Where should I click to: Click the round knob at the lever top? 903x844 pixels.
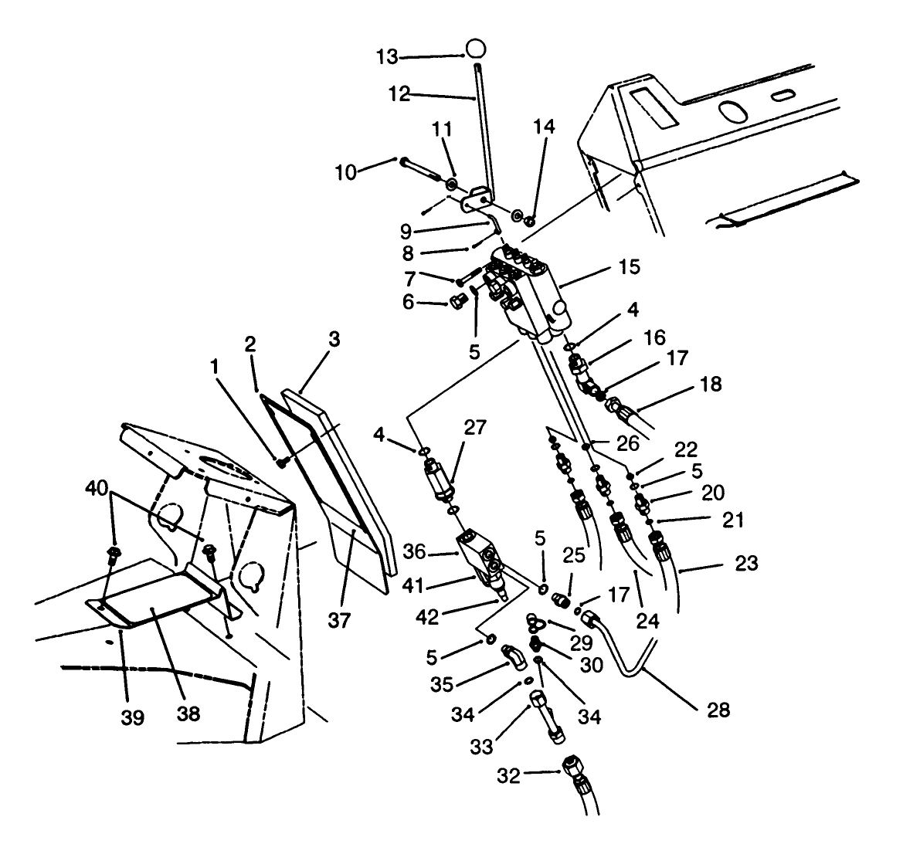click(x=477, y=48)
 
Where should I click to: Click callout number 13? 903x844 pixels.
click(x=389, y=56)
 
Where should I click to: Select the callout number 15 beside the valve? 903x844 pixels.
click(x=629, y=267)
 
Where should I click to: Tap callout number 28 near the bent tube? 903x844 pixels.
click(x=718, y=710)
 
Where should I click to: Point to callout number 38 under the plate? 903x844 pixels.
click(x=188, y=714)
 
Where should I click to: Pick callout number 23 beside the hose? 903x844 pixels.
click(x=746, y=564)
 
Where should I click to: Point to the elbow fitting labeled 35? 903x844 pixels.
click(x=512, y=656)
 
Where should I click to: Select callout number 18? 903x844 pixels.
click(x=711, y=385)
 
